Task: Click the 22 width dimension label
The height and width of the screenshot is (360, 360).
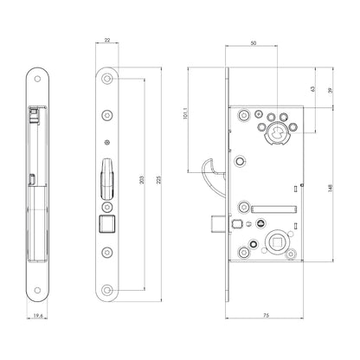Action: click(107, 41)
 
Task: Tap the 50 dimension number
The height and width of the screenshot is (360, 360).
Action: click(254, 43)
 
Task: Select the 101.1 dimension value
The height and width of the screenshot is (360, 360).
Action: click(185, 113)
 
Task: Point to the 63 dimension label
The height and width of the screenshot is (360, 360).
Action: click(312, 89)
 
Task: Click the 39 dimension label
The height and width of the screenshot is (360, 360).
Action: click(331, 90)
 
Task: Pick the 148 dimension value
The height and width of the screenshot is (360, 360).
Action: click(331, 188)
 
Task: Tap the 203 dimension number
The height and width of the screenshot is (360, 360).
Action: click(141, 180)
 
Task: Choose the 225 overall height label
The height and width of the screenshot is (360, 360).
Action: click(158, 180)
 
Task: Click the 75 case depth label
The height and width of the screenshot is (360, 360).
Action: click(267, 315)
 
